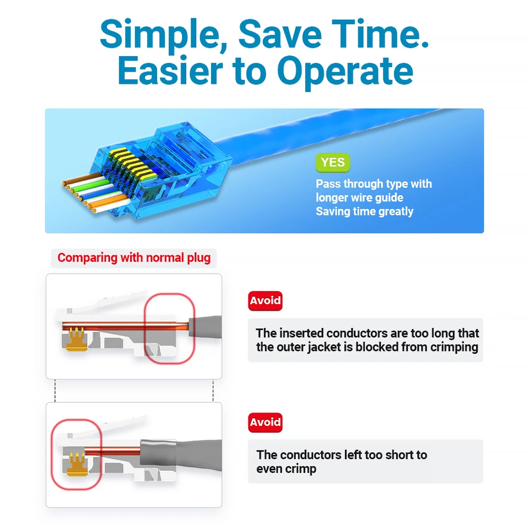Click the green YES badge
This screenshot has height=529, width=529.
[333, 163]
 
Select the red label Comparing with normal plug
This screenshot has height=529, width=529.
[134, 258]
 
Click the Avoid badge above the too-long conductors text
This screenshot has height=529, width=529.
[265, 301]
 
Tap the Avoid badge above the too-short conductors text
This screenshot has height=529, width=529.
[265, 422]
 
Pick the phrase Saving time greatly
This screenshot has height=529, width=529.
[364, 212]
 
